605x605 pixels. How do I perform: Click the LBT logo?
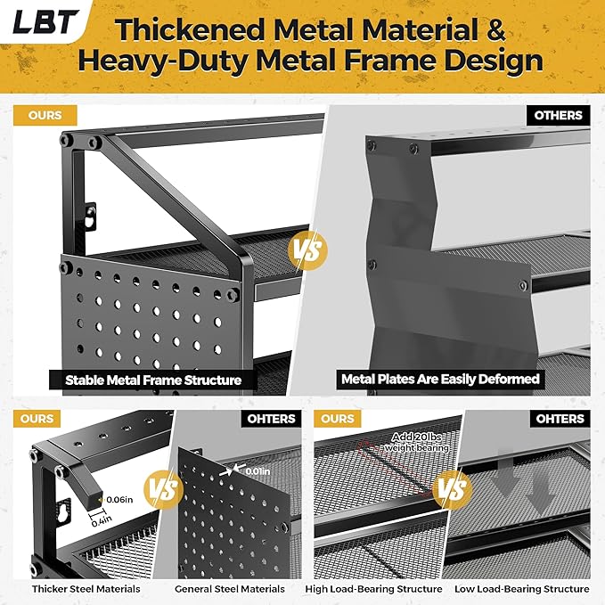click(x=45, y=21)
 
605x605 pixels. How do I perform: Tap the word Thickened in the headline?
click(x=190, y=29)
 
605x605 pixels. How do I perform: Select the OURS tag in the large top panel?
click(x=45, y=115)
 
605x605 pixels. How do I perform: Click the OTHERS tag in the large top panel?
click(x=558, y=115)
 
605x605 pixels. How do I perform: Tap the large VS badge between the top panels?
click(x=308, y=249)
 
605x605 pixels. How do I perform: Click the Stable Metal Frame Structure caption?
click(x=153, y=380)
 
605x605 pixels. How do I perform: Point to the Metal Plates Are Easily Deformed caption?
click(x=440, y=380)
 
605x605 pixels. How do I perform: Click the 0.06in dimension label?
click(x=119, y=500)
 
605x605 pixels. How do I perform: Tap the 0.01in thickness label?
click(x=258, y=471)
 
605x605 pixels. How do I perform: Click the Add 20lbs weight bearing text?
click(x=417, y=442)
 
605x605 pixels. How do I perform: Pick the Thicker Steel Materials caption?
click(x=86, y=589)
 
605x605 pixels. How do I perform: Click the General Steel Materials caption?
click(x=230, y=589)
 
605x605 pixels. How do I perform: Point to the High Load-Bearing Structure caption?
click(x=373, y=589)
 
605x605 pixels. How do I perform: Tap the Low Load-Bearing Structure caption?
click(x=521, y=589)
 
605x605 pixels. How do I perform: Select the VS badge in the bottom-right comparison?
click(x=453, y=490)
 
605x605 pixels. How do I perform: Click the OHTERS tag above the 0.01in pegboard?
click(x=271, y=419)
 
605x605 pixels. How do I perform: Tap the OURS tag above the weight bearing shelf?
click(x=337, y=419)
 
